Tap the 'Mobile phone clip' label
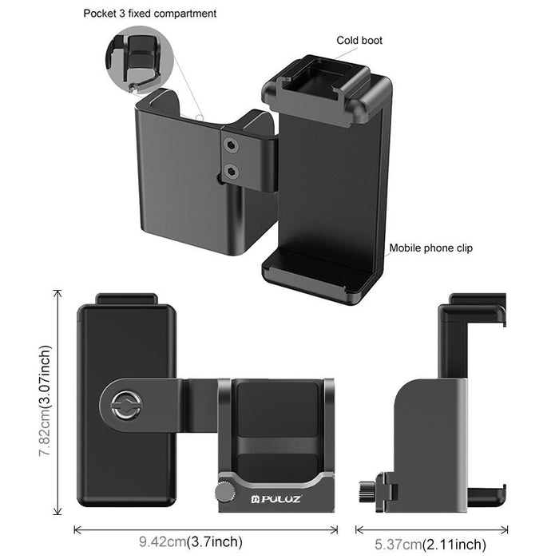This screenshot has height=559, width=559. pos(430,248)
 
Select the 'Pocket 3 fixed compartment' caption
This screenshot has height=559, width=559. pos(150,14)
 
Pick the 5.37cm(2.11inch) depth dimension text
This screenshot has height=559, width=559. pos(430,544)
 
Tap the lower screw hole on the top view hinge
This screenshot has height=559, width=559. pos(232,170)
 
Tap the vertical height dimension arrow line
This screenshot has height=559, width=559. pos(57,403)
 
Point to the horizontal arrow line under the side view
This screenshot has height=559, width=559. pos(431,529)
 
